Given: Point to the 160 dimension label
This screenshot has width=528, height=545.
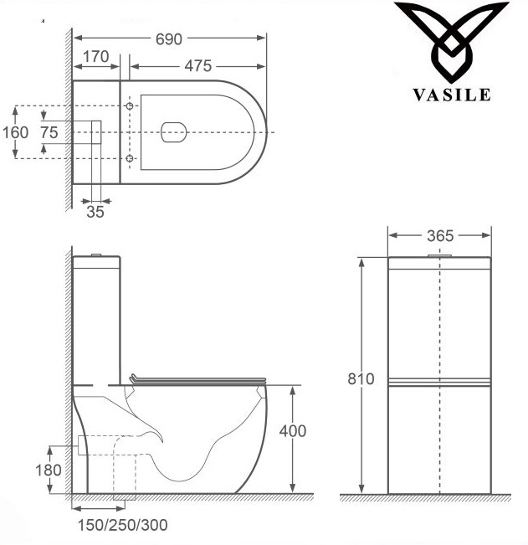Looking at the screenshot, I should click(x=15, y=132).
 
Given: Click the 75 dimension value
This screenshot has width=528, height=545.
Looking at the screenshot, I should click(x=49, y=132).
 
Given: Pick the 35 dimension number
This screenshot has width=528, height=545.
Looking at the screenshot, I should click(x=95, y=212).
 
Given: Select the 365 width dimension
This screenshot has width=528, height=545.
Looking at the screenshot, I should click(x=440, y=235).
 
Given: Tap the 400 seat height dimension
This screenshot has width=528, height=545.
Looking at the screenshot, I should click(x=292, y=431).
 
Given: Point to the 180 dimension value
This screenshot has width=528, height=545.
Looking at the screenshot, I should click(x=48, y=470).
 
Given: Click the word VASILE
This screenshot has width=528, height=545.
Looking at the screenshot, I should click(x=451, y=95).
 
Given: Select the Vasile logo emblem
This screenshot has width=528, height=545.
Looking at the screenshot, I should click(x=451, y=42).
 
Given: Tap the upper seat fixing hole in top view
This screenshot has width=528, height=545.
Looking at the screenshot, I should click(x=130, y=107).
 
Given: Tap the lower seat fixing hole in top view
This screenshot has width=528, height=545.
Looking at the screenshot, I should click(x=130, y=157).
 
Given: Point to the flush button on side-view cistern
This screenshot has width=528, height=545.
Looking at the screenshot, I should click(x=96, y=253).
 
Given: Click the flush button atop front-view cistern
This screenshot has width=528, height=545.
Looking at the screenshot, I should click(x=440, y=254).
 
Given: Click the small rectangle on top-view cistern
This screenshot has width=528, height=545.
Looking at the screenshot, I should click(x=95, y=132).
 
